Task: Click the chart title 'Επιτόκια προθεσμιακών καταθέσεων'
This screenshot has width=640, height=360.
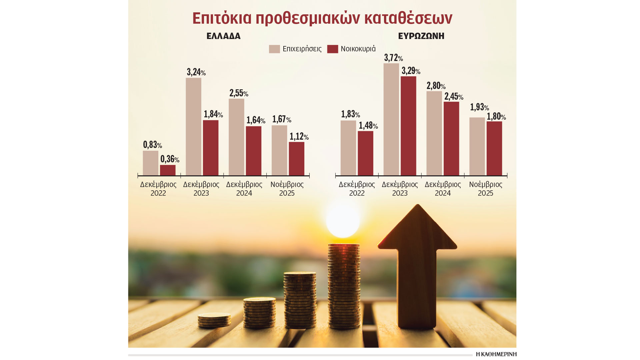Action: [x=322, y=18]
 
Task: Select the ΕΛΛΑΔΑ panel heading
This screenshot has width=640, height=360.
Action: [x=223, y=36]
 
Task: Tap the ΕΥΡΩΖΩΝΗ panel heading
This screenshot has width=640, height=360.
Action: [x=421, y=36]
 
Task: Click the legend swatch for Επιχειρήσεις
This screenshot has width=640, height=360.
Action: [x=274, y=49]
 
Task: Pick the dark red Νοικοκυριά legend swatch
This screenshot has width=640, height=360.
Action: [x=332, y=49]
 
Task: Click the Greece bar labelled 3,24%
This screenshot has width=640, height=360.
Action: [x=193, y=127]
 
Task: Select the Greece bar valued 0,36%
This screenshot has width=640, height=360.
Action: [x=168, y=170]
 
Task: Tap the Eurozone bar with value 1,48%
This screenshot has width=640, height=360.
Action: [x=365, y=153]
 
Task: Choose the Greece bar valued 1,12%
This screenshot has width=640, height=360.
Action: [x=296, y=159]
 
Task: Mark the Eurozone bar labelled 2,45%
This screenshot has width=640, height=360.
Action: [x=451, y=138]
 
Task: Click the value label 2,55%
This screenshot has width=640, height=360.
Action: [x=239, y=93]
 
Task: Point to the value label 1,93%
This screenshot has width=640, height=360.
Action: [x=479, y=107]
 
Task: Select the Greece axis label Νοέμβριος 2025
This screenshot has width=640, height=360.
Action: [x=287, y=189]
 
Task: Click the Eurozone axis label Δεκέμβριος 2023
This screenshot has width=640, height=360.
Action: [x=400, y=189]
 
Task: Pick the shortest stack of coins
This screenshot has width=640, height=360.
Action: [x=214, y=320]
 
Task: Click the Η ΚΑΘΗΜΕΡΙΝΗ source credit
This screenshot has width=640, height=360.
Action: [x=496, y=354]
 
